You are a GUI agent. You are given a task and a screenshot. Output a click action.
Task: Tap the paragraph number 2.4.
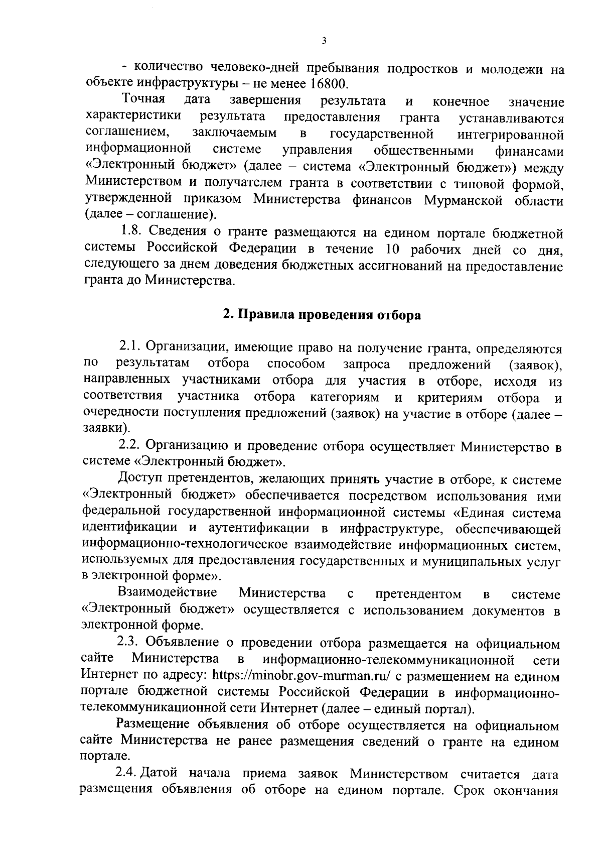(127, 773)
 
